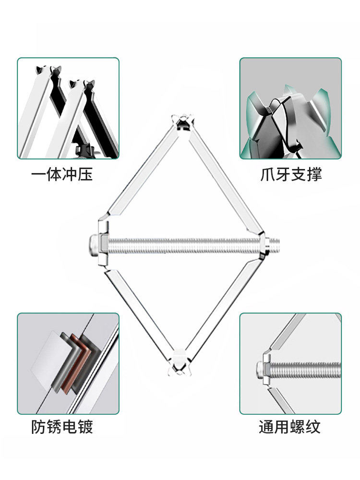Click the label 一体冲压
[62, 174]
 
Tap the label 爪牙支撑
[291, 174]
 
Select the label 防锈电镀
[62, 426]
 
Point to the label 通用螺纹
[289, 426]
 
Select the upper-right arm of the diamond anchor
[226, 178]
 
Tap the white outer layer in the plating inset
[48, 360]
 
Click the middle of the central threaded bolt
[182, 245]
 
